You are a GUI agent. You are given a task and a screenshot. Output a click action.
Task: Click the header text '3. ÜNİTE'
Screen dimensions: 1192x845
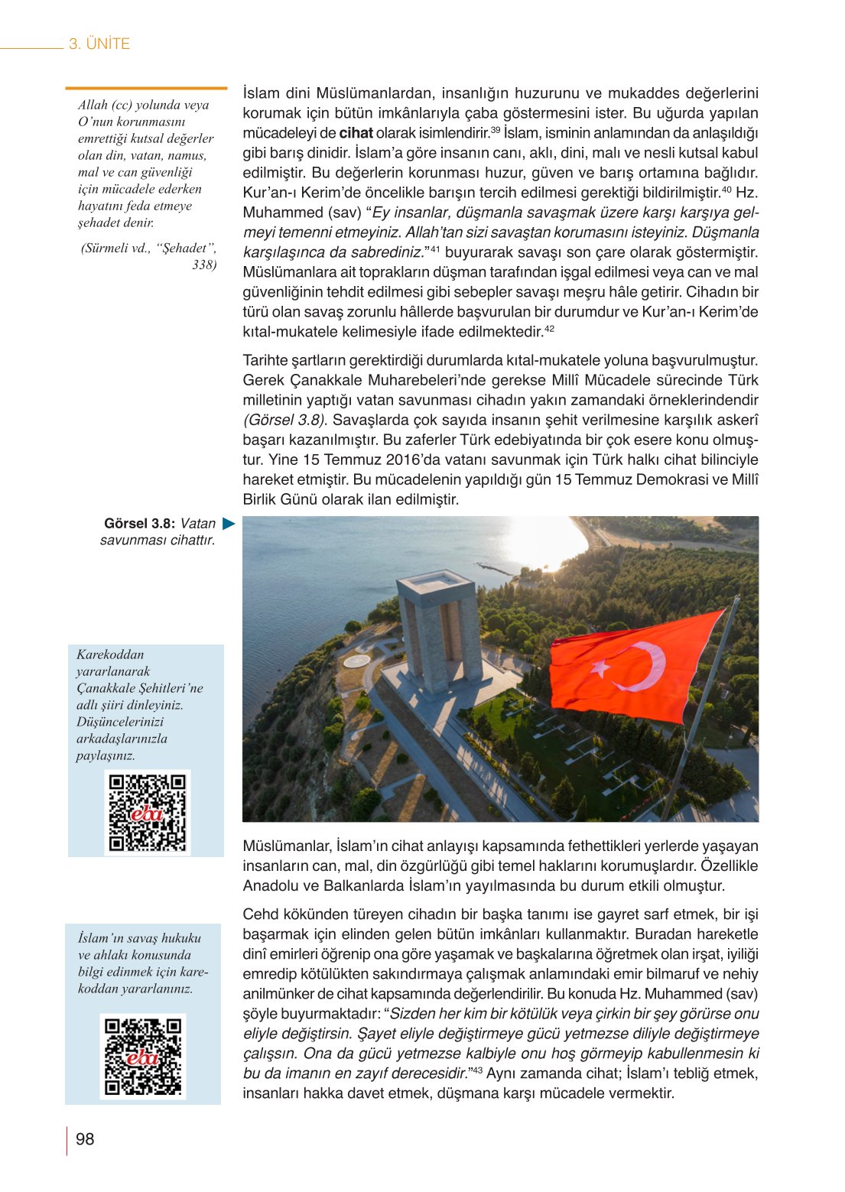coord(99,44)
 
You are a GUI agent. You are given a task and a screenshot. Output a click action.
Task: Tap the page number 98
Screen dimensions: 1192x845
coord(85,1139)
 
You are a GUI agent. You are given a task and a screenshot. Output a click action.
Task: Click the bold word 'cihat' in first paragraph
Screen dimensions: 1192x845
coord(356,133)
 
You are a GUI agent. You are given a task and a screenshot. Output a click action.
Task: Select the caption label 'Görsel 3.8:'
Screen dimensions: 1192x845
coord(139,524)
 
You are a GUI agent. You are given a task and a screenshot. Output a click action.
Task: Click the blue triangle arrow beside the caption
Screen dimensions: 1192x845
coord(229,524)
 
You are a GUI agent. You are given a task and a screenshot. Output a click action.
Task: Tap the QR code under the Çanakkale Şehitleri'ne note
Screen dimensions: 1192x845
coord(147,812)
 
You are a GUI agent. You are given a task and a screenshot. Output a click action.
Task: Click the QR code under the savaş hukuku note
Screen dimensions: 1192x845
coord(143,1056)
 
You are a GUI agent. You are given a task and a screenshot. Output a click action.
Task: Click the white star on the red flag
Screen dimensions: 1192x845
coord(601,667)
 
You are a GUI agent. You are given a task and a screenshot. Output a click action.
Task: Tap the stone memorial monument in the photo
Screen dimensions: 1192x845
coord(439,631)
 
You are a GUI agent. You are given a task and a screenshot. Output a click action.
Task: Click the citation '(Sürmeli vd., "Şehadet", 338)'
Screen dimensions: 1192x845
coord(149,256)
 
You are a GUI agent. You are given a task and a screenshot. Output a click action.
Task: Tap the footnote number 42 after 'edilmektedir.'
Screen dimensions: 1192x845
coord(549,329)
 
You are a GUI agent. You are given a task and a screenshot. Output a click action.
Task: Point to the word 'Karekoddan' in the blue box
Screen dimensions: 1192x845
coord(110,654)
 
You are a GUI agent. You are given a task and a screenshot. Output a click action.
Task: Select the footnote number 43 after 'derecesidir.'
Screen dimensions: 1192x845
coord(476,1070)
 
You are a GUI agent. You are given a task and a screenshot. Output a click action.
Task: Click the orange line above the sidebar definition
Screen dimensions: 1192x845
coord(146,89)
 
